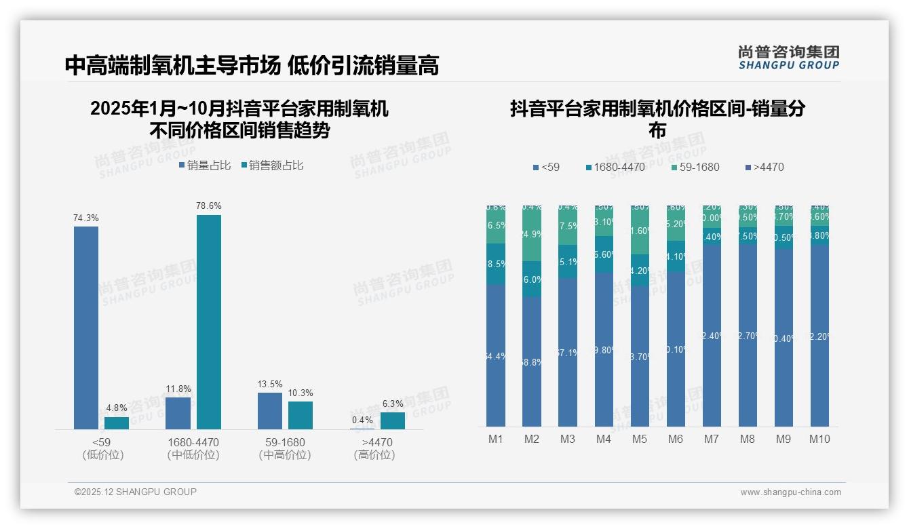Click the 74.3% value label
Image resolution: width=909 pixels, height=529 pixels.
[86, 218]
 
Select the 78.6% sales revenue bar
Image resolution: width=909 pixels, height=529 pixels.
[208, 321]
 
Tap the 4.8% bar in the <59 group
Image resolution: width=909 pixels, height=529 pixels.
[116, 423]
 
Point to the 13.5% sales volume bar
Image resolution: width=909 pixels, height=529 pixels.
[270, 410]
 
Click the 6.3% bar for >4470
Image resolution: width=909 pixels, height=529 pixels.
[392, 420]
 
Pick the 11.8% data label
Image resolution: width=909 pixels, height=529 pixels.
[178, 389]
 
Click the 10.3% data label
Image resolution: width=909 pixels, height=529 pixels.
[301, 393]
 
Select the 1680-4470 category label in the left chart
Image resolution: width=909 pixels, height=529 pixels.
[193, 442]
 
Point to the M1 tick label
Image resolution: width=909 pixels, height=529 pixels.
[496, 439]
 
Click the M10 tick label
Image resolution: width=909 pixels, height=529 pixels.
[819, 439]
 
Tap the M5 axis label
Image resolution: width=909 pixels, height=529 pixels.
[640, 439]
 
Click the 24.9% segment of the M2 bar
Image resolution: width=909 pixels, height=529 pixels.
[532, 235]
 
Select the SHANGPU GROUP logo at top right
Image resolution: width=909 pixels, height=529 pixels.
[789, 58]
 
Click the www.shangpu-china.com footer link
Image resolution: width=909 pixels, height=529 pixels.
[790, 492]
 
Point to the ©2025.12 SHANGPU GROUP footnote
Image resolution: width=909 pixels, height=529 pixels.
[136, 492]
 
